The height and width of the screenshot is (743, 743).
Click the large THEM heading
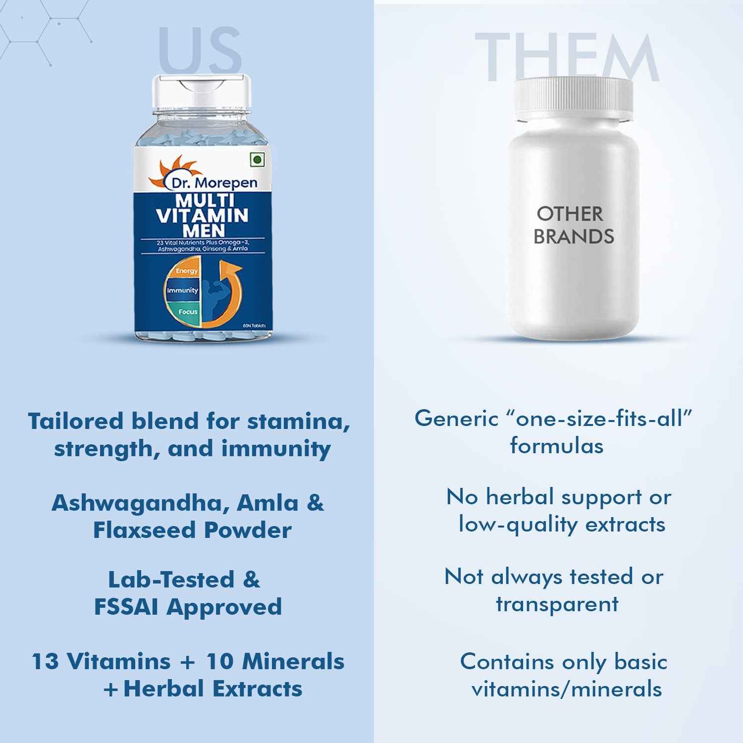coord(567,57)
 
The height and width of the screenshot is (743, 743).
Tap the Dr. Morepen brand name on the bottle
coord(214,183)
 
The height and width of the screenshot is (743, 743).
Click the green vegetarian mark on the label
coord(257,159)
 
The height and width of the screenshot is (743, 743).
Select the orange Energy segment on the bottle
coord(186,271)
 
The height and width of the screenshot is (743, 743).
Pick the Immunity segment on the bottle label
coord(182,290)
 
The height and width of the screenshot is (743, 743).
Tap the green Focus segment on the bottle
coord(187,312)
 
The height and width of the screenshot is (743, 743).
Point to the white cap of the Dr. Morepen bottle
coord(201,92)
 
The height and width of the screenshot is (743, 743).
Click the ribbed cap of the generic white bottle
coord(573,97)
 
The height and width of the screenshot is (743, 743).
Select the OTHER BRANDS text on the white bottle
coord(573,225)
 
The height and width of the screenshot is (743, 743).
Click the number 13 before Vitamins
coord(46,662)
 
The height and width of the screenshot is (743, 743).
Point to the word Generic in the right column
coord(456,419)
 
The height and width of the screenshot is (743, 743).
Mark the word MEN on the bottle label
coord(204,230)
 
